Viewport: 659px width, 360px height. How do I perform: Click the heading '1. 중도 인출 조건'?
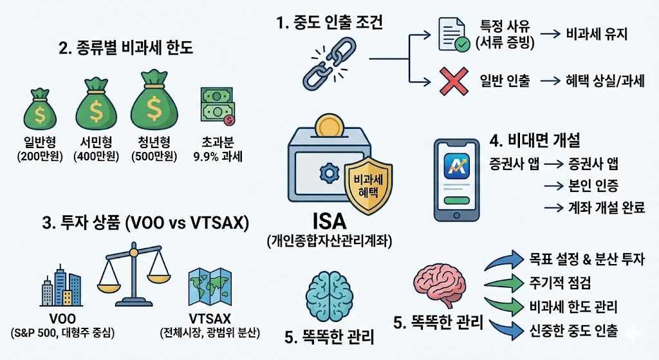click(x=329, y=24)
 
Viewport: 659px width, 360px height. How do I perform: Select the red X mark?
click(x=454, y=81)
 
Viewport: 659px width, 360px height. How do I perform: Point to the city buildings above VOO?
click(x=62, y=287)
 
